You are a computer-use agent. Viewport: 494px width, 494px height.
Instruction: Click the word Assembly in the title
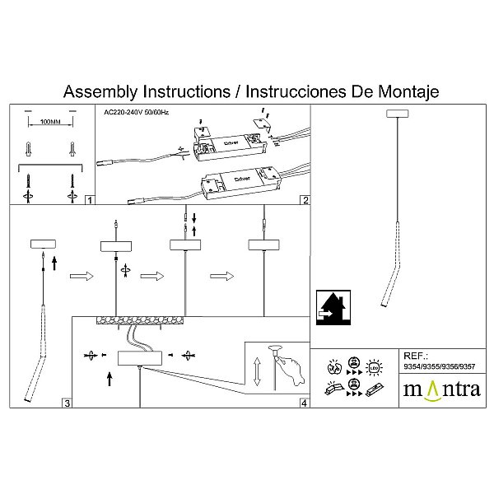coord(100,91)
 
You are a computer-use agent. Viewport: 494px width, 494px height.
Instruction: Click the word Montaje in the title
coord(408,91)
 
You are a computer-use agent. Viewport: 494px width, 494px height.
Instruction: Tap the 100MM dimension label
coord(50,122)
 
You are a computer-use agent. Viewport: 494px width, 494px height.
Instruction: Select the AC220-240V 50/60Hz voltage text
coord(136,112)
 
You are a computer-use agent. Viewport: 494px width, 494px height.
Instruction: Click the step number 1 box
coord(90,200)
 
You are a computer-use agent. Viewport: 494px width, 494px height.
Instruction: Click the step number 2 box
coord(305,200)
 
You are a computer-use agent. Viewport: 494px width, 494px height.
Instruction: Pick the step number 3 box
coord(68,403)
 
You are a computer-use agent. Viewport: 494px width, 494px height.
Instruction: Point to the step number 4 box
coord(304,403)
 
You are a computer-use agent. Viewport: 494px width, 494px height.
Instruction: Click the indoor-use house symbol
coord(333,307)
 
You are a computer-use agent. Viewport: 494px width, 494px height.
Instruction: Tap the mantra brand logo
coord(442,389)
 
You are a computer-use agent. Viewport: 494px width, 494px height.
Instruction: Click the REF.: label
coord(416,356)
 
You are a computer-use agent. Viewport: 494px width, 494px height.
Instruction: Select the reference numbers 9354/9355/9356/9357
coord(439,366)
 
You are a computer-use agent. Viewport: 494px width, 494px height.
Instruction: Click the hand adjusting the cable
coord(291,369)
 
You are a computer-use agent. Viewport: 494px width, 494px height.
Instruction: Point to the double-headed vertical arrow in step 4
coord(257,371)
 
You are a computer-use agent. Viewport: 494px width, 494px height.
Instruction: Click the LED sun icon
coord(374,368)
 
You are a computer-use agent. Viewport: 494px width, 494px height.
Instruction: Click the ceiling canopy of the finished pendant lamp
coord(398,114)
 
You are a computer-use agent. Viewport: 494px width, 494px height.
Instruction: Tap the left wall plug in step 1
coord(28,149)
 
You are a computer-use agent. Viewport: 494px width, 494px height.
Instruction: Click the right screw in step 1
coord(72,181)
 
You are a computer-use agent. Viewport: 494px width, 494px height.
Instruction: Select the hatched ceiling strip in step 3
coord(140,320)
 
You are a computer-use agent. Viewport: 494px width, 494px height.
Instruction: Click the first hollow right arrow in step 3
coord(82,277)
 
